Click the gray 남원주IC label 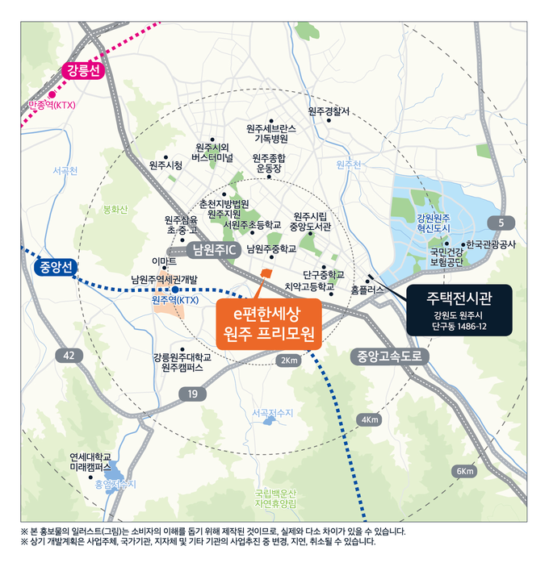(213, 250)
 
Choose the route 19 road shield (192, 394)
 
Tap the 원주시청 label (166, 165)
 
